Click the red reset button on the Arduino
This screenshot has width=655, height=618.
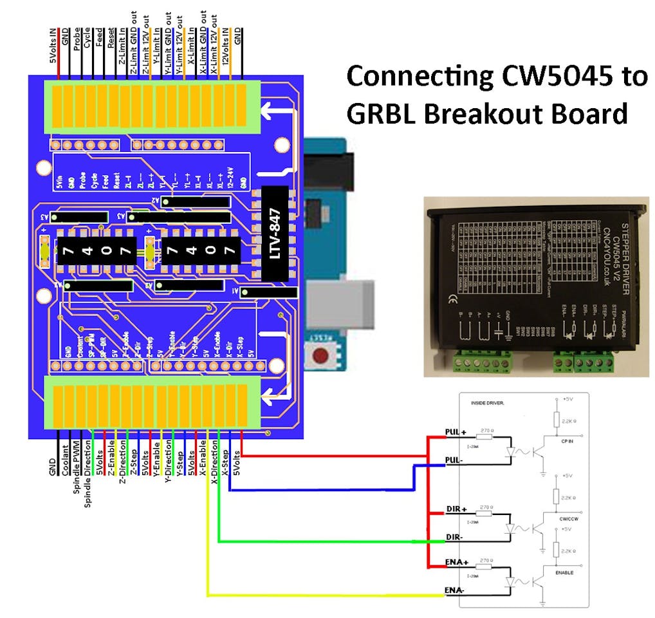[x=319, y=355]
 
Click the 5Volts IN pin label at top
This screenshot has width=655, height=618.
[x=53, y=48]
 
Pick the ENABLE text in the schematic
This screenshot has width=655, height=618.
[x=564, y=572]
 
